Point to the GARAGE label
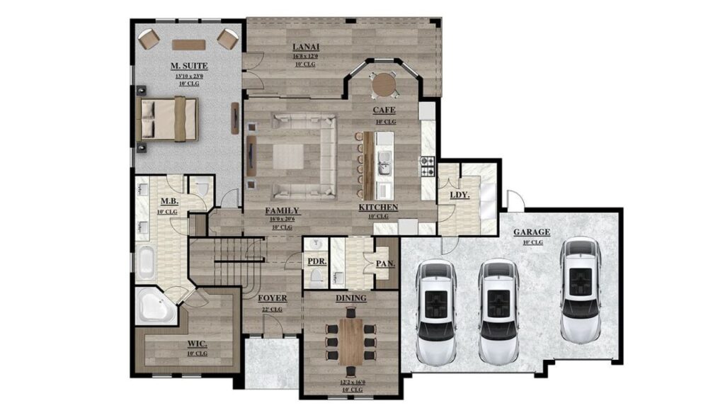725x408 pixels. pos(532,232)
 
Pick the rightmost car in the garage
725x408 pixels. pos(581,289)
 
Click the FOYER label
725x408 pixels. pos(272,298)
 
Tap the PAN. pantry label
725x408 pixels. pos(385,263)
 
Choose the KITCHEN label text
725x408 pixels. pos(378,208)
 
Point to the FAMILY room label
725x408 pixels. pos(282,210)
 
